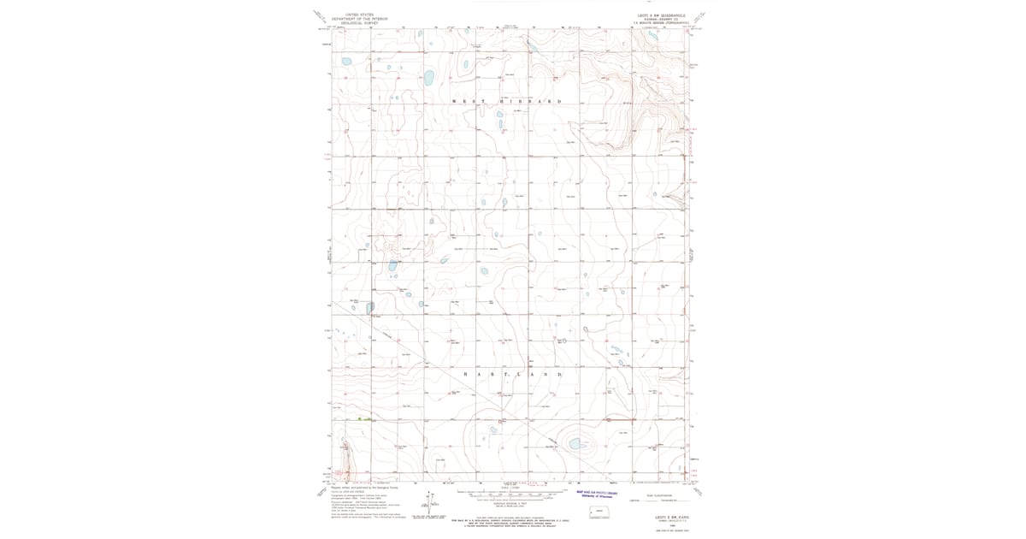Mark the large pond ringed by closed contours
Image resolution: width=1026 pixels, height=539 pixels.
click(576, 443)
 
